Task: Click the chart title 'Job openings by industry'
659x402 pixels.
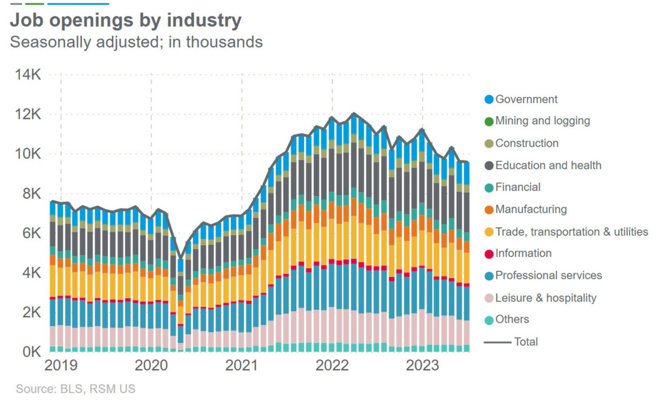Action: pyautogui.click(x=125, y=20)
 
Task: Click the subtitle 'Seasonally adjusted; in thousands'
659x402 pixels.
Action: pyautogui.click(x=136, y=42)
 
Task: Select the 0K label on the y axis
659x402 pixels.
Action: pyautogui.click(x=31, y=352)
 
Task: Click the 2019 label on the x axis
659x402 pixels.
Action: pyautogui.click(x=61, y=365)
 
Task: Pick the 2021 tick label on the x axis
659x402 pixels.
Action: pyautogui.click(x=242, y=365)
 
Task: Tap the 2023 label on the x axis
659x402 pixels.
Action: pyautogui.click(x=422, y=365)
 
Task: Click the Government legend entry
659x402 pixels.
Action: pyautogui.click(x=526, y=99)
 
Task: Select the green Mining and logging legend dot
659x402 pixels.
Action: pyautogui.click(x=489, y=121)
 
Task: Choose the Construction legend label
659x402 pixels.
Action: pyautogui.click(x=527, y=143)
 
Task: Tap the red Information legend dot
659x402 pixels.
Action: pyautogui.click(x=489, y=254)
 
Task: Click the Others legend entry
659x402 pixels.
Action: pyautogui.click(x=512, y=319)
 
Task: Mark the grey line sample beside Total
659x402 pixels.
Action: pyautogui.click(x=497, y=342)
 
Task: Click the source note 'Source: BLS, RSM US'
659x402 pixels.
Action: pyautogui.click(x=75, y=389)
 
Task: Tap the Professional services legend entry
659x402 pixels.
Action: pyautogui.click(x=548, y=276)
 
